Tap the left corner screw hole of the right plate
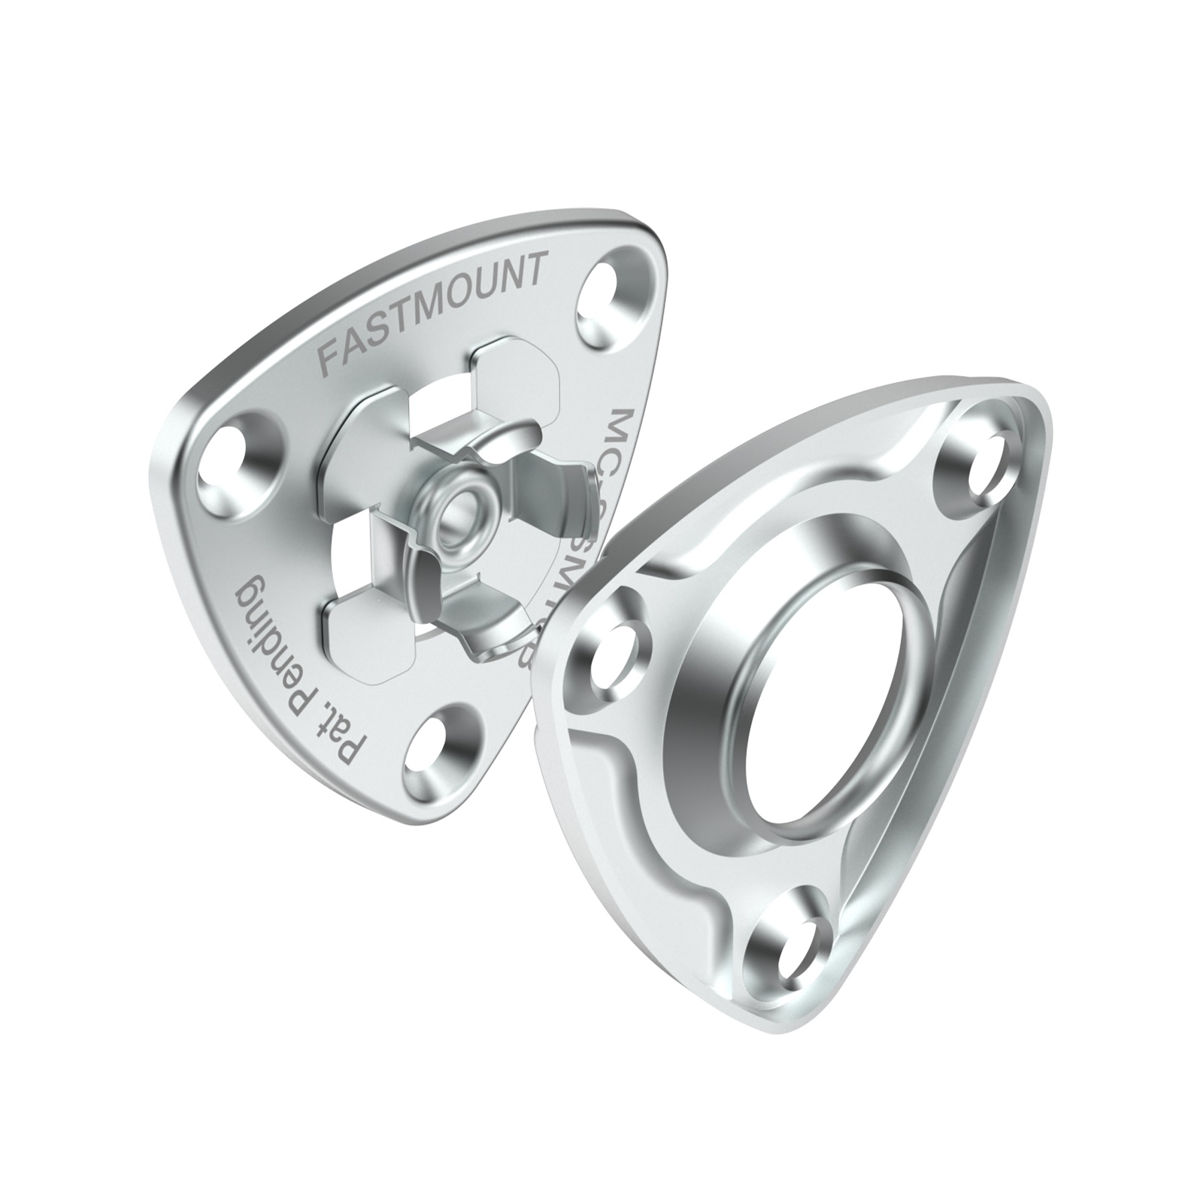click(617, 654)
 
